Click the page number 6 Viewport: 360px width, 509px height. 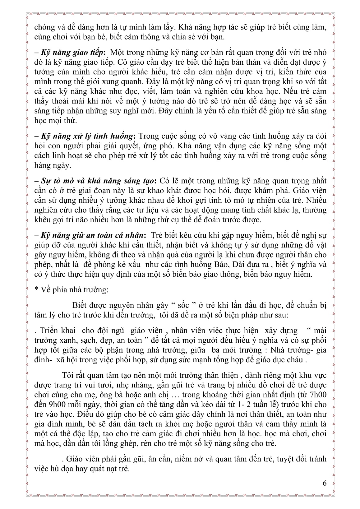tap(325, 483)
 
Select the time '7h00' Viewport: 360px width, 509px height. tap(316, 395)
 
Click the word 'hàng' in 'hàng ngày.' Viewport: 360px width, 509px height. tap(42, 165)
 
